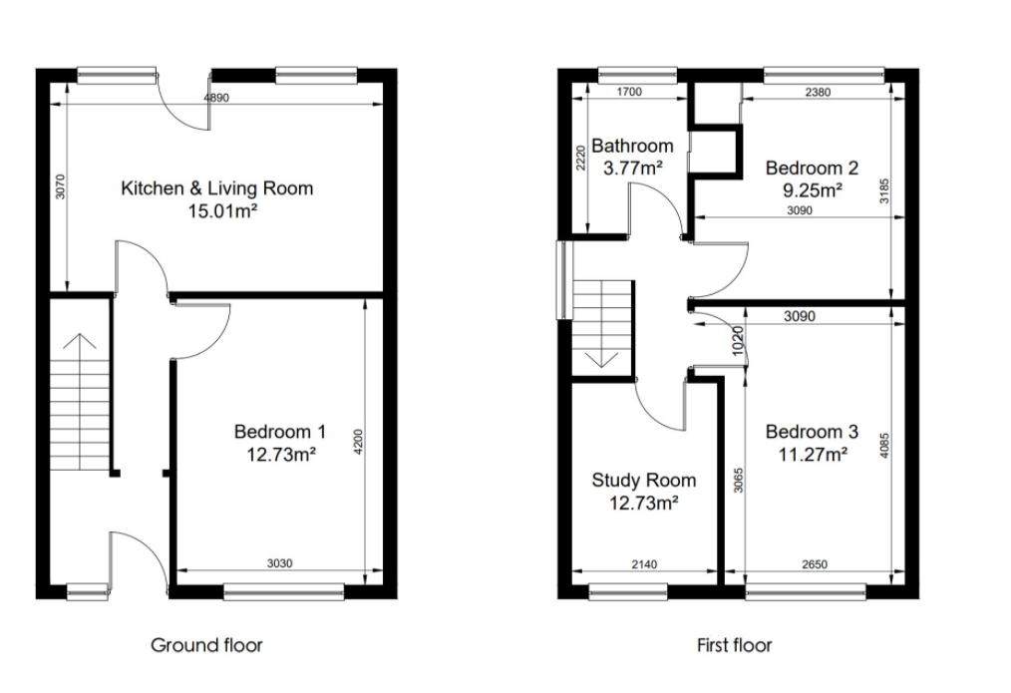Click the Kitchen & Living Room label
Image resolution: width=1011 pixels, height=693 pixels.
pos(216,187)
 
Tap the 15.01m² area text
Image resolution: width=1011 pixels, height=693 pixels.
pos(216,210)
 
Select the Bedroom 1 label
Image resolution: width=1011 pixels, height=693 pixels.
pos(279,432)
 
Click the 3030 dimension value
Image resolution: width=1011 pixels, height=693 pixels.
pos(280,563)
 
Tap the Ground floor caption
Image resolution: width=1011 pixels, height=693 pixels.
pos(206,645)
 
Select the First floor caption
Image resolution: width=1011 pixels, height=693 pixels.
pos(734,645)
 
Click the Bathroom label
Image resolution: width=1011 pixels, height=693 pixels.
pos(632,146)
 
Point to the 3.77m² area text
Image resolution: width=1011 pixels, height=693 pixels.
pos(632,168)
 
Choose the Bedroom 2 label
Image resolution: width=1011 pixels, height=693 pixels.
pos(812,168)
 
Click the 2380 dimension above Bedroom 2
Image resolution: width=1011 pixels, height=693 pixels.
pos(817,93)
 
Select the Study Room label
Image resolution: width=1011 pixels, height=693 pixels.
pos(643,480)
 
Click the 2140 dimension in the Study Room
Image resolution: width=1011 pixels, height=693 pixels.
pos(644,564)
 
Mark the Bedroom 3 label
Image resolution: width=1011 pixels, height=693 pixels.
pos(812,432)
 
